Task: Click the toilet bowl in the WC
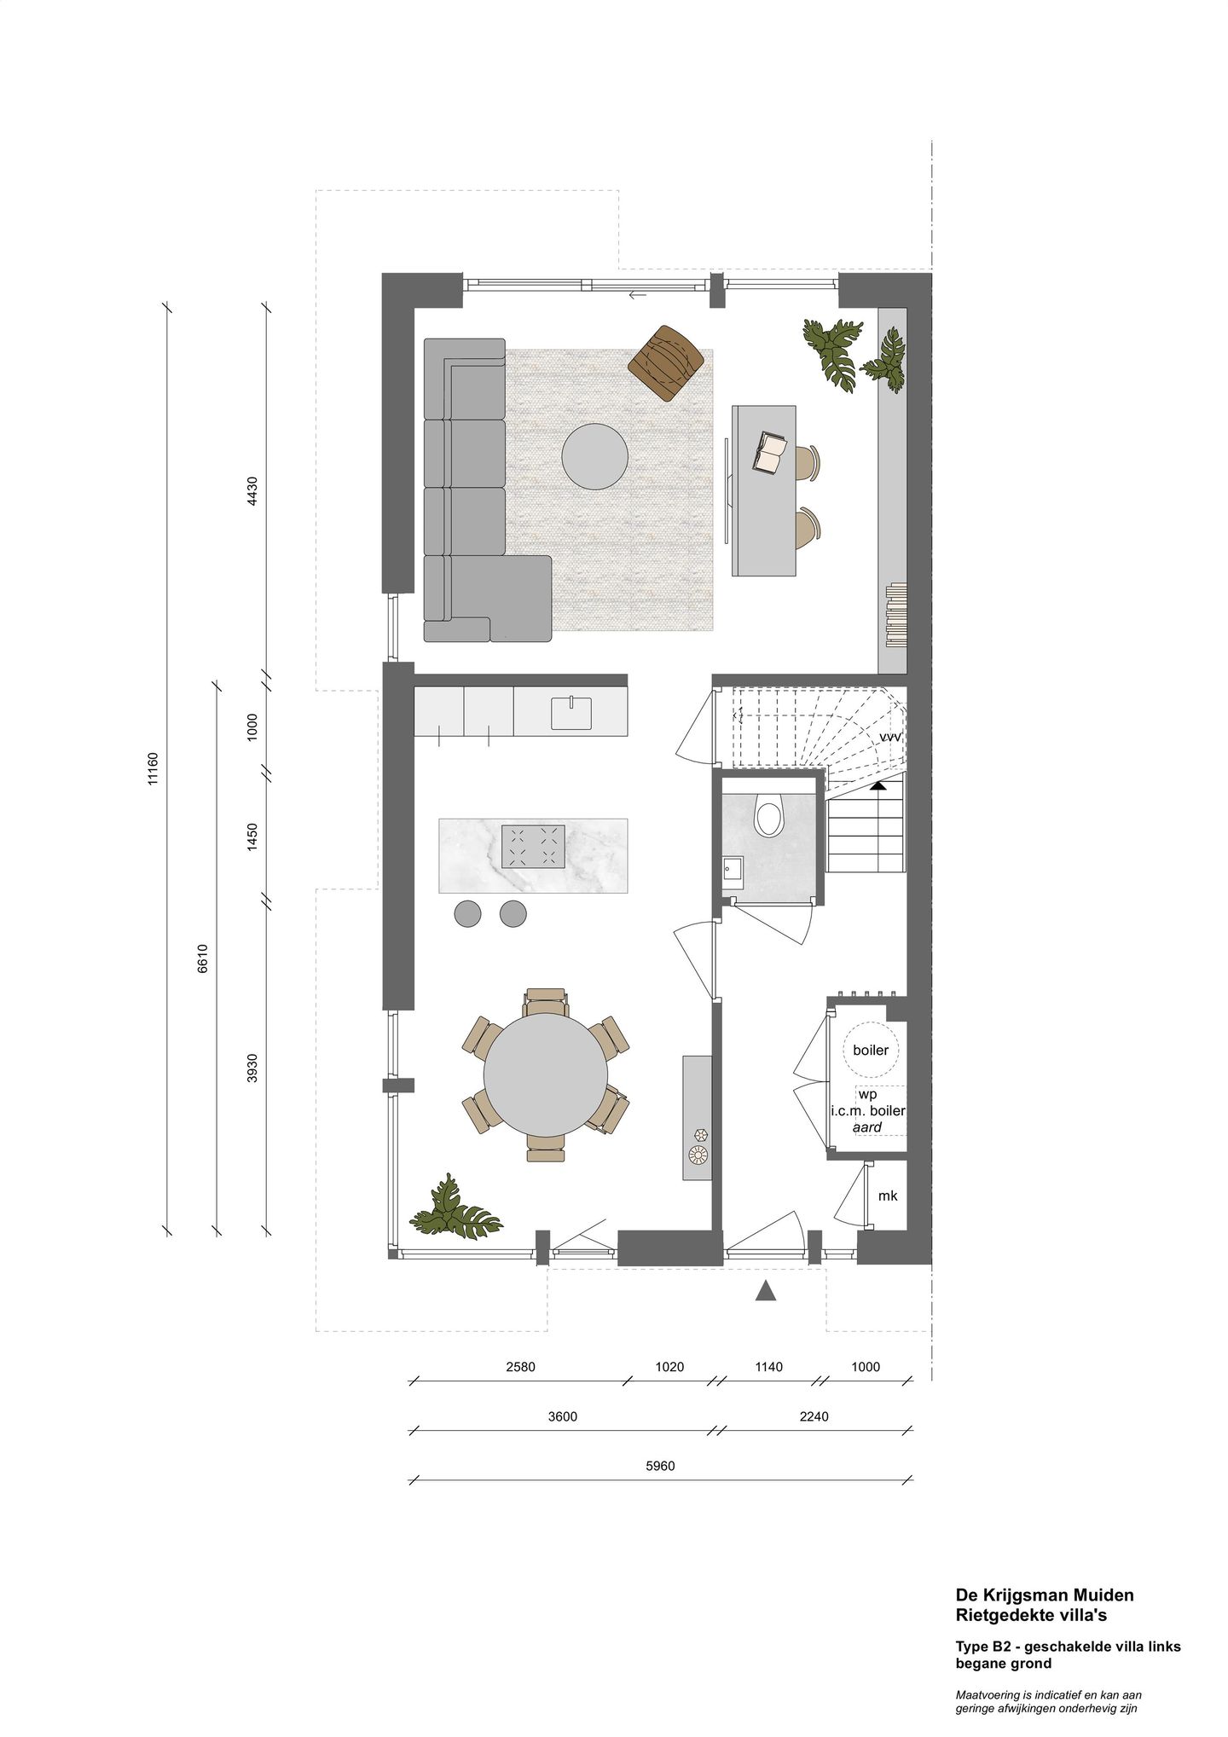(768, 818)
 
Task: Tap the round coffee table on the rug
(594, 457)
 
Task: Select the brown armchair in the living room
(666, 361)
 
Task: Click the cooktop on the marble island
(533, 845)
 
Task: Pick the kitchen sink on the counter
(571, 713)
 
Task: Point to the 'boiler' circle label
(870, 1050)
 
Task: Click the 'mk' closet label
(888, 1196)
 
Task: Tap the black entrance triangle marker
(766, 1291)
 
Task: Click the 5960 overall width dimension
(661, 1466)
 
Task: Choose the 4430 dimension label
(252, 491)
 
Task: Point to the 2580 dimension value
(520, 1367)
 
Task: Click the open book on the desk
(770, 452)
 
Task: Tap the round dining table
(546, 1074)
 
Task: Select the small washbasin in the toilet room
(732, 870)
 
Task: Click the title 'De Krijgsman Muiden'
(1045, 1595)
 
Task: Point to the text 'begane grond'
(1003, 1664)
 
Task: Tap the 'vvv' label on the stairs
(889, 736)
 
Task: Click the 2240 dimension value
(814, 1416)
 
